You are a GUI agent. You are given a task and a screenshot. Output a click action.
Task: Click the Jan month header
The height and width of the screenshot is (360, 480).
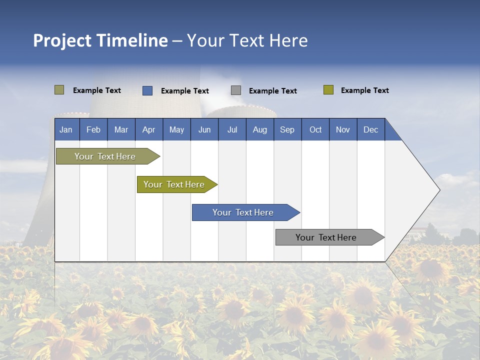pos(66,129)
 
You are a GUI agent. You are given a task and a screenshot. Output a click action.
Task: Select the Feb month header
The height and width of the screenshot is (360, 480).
pos(93,129)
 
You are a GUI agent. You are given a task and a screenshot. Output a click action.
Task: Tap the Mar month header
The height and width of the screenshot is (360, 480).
pos(121,129)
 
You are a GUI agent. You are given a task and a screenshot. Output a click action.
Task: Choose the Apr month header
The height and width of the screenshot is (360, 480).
pos(149,129)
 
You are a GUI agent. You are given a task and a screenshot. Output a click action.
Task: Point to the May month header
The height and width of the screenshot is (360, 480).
pos(176,129)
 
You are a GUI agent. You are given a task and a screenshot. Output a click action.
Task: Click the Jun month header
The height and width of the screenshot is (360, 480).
pos(204,129)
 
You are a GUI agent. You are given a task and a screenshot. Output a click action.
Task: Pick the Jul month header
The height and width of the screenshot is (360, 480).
pos(232,129)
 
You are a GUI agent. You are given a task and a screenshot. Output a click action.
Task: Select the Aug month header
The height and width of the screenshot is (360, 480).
pos(260,129)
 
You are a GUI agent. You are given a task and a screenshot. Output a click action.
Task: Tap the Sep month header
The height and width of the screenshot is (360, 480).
pos(287,129)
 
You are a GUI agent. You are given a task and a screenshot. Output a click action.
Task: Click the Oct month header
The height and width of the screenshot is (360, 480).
pos(315,129)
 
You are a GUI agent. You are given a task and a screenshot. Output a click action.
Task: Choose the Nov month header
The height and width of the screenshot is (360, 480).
pos(343,129)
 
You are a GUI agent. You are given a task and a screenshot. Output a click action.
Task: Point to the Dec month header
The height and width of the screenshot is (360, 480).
pos(371,129)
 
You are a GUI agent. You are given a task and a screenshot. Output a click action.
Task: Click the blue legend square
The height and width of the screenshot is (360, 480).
pos(147,90)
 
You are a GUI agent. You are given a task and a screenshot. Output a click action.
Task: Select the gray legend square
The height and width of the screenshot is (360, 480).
pos(236,90)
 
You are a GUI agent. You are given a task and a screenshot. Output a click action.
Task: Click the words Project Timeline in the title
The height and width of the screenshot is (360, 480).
pos(100,40)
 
